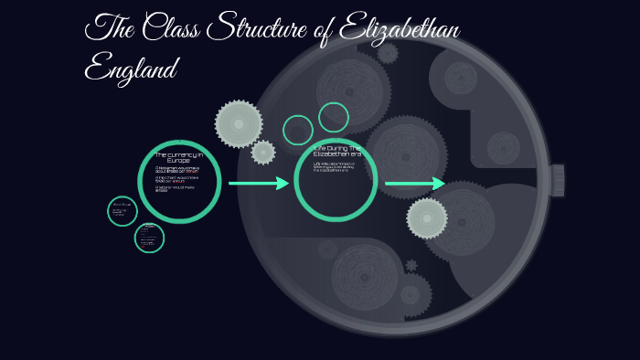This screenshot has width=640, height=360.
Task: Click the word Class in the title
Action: tap(173, 28)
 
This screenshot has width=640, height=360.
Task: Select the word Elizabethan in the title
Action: tap(399, 29)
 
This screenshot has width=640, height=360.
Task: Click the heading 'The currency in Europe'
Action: tap(178, 158)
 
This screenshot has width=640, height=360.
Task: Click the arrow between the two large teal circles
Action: tap(258, 184)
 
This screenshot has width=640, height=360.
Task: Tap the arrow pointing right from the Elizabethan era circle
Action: tap(414, 184)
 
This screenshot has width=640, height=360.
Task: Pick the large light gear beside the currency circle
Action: tap(239, 123)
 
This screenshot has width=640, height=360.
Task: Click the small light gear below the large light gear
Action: tap(263, 153)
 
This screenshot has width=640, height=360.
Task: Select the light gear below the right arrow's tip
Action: tap(427, 218)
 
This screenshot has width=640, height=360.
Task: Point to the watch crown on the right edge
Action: tap(557, 180)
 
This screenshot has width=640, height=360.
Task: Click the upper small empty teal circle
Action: tap(334, 117)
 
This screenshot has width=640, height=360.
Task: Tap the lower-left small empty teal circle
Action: tap(298, 130)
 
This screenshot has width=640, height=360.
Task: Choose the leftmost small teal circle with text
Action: tap(122, 211)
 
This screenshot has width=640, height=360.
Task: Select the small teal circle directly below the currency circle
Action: tap(149, 238)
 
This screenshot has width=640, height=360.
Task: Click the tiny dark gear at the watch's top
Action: tap(388, 53)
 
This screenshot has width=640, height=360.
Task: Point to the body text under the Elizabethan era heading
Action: tap(334, 167)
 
